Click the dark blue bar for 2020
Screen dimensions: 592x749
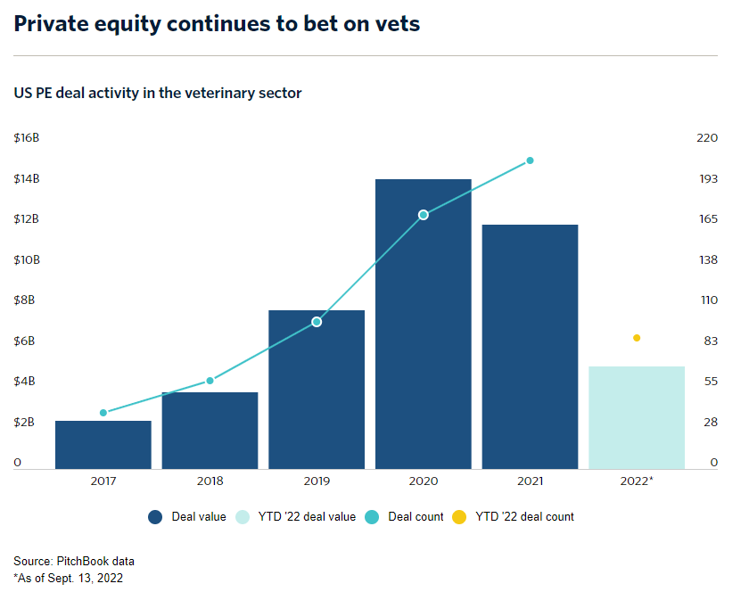(423, 339)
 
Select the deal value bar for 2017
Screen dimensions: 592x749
(103, 445)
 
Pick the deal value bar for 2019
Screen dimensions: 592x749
(317, 401)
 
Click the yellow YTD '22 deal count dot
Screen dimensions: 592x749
(637, 338)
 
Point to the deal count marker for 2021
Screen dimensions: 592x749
(530, 160)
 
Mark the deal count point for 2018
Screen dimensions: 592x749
(210, 381)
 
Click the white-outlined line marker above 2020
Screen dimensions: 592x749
(424, 215)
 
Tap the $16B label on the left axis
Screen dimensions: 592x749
(26, 138)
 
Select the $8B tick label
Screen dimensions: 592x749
(23, 300)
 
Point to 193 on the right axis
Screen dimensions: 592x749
(707, 179)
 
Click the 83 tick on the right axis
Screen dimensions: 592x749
(710, 341)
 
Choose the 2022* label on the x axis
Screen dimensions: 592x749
(637, 481)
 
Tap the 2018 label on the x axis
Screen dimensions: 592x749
(210, 481)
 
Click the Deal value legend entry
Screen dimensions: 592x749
(187, 516)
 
